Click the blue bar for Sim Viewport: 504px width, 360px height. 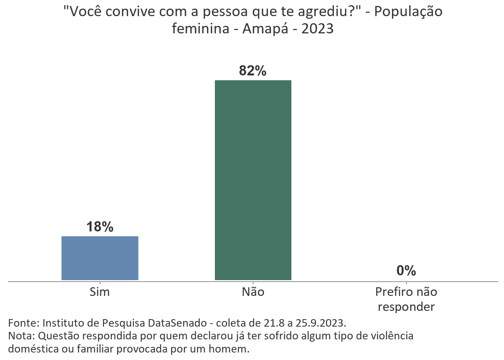pyautogui.click(x=100, y=258)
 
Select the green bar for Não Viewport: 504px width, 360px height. pyautogui.click(x=253, y=180)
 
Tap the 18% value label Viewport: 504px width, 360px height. pyautogui.click(x=100, y=227)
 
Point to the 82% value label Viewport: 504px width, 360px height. pyautogui.click(x=253, y=71)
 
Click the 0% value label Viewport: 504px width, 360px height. pyautogui.click(x=406, y=270)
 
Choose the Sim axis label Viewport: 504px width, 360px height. pyautogui.click(x=100, y=292)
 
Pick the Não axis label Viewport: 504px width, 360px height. pyautogui.click(x=253, y=292)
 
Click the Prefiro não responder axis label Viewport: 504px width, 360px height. pyautogui.click(x=406, y=299)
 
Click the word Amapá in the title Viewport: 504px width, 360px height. pyautogui.click(x=265, y=28)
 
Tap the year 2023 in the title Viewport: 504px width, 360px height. pyautogui.click(x=317, y=28)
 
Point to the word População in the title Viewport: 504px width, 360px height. pyautogui.click(x=408, y=12)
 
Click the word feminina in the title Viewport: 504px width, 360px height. pyautogui.click(x=201, y=28)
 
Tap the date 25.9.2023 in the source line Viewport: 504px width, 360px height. pyautogui.click(x=321, y=323)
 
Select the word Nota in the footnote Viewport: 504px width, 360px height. pyautogui.click(x=21, y=336)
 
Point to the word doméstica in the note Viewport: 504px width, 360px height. pyautogui.click(x=33, y=349)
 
